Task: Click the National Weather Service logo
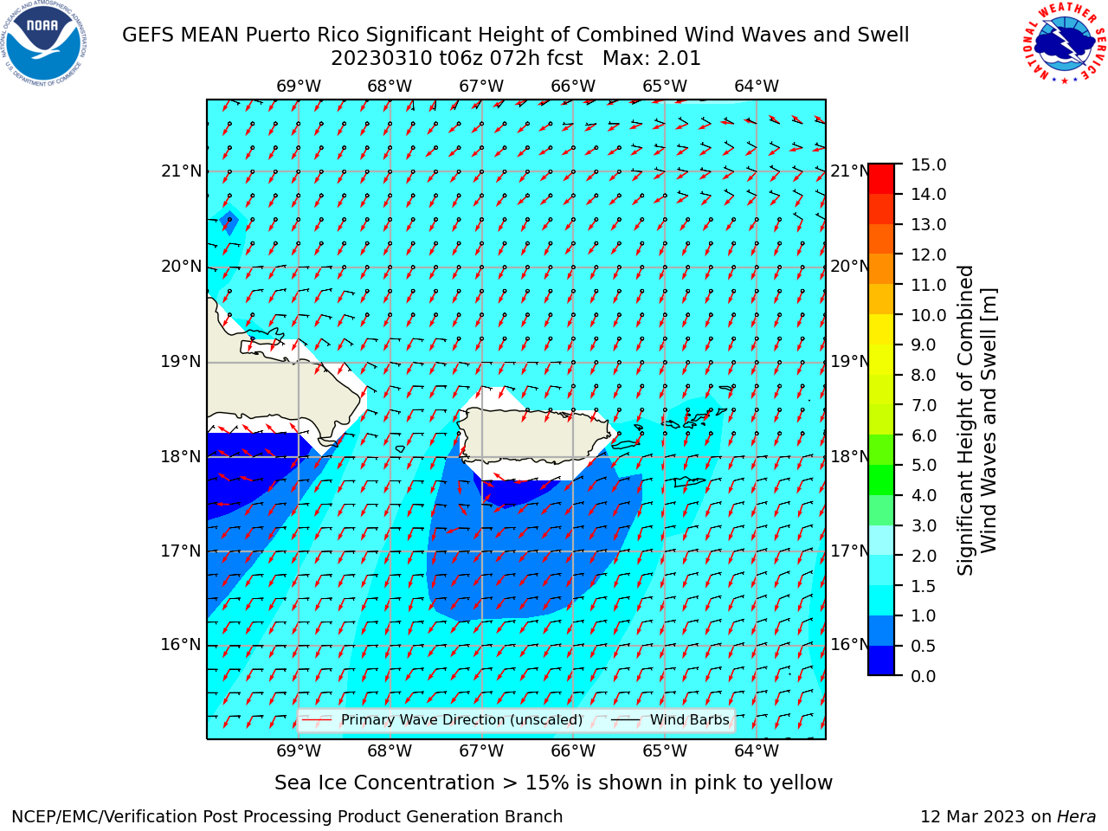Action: (x=1065, y=43)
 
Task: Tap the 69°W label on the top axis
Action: (x=299, y=87)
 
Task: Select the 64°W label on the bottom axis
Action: (x=757, y=751)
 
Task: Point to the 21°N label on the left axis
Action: (x=181, y=171)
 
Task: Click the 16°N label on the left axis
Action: (x=181, y=645)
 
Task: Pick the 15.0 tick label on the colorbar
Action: (x=928, y=165)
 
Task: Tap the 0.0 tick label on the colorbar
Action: (x=923, y=676)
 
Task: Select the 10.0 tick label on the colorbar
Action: (x=928, y=315)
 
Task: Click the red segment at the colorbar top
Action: (x=881, y=179)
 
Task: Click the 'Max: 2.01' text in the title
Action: (x=651, y=59)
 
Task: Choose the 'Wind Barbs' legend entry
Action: (x=671, y=720)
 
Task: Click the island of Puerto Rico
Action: (x=535, y=436)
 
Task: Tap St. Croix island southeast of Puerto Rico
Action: (x=690, y=482)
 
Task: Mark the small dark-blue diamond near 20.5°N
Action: (x=229, y=222)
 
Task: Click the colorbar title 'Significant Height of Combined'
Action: (x=966, y=421)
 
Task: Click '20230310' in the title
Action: (x=382, y=59)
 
